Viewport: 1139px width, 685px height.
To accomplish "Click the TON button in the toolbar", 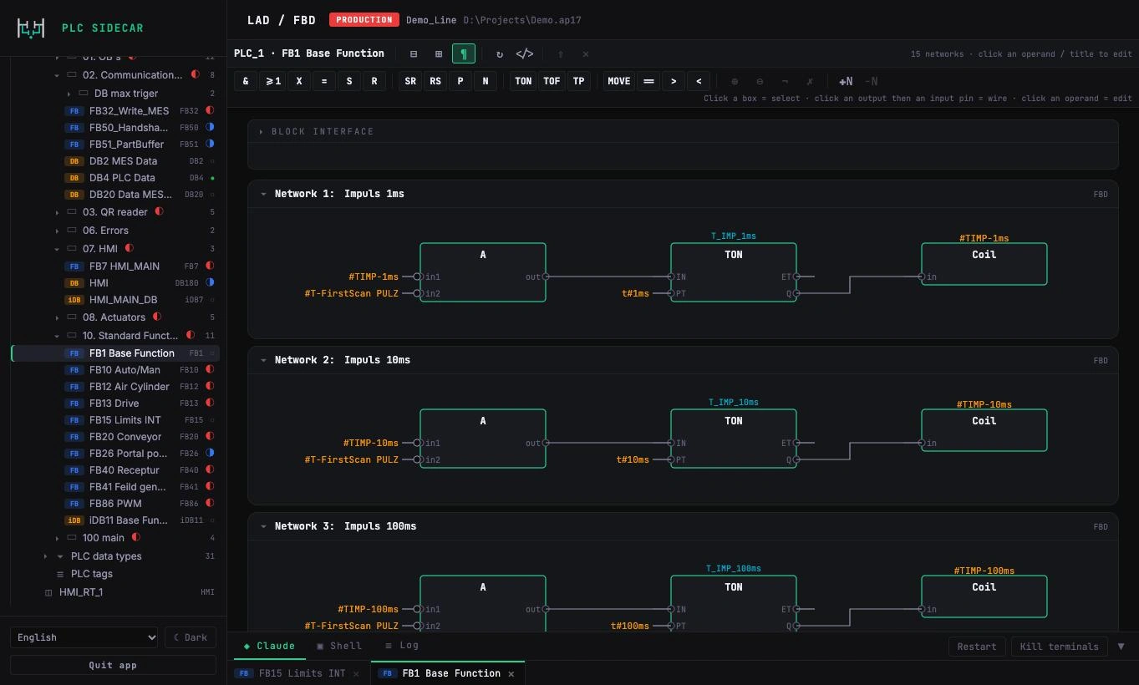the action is point(523,81).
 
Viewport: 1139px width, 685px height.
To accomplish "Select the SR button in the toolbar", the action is point(410,81).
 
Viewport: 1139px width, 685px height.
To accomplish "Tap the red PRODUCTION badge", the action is point(364,20).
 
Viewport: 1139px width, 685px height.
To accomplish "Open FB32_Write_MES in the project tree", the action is point(129,110).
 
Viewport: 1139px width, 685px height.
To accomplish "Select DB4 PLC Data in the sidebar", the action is point(122,177).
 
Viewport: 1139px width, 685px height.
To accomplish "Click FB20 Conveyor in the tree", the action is point(125,437).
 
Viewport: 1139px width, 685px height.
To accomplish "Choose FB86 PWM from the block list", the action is point(115,503).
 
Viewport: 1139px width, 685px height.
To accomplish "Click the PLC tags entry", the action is point(92,574).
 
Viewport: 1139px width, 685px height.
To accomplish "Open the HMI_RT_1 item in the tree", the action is point(81,592).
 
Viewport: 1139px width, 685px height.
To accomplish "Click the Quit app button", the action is point(113,665).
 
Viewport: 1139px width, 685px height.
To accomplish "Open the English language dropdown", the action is point(84,637).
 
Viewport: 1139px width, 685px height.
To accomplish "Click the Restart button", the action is point(977,647).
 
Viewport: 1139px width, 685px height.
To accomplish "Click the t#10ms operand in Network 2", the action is point(633,460).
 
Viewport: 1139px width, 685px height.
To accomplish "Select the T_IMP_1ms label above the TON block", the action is point(733,236).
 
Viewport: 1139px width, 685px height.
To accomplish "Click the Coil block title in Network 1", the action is point(984,255).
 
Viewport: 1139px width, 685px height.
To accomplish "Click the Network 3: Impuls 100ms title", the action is point(345,526).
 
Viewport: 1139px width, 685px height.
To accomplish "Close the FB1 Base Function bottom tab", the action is point(511,674).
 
